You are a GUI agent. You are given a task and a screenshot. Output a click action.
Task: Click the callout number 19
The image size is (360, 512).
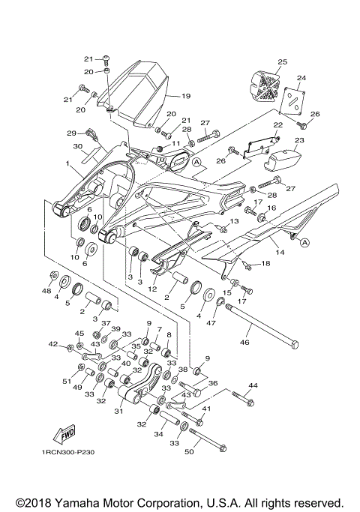click(185, 96)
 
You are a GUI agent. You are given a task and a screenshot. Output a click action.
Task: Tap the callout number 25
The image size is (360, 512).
click(282, 62)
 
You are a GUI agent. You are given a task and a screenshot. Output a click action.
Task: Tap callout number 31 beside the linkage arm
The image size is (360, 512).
click(118, 410)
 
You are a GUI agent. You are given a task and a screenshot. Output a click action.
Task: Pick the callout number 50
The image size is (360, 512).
click(189, 451)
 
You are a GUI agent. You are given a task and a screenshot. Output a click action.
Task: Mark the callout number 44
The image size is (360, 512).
click(252, 385)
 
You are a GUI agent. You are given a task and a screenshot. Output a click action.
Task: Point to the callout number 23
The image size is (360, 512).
click(298, 140)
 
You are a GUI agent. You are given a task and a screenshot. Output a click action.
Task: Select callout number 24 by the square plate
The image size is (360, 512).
click(301, 78)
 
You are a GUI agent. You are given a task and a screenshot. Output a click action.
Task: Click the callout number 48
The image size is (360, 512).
click(46, 291)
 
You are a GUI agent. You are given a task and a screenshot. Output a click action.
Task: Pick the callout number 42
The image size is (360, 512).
click(52, 345)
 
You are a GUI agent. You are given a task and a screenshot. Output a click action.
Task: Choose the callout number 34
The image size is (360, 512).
click(157, 434)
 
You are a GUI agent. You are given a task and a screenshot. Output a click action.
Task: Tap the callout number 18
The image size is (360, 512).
click(265, 263)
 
